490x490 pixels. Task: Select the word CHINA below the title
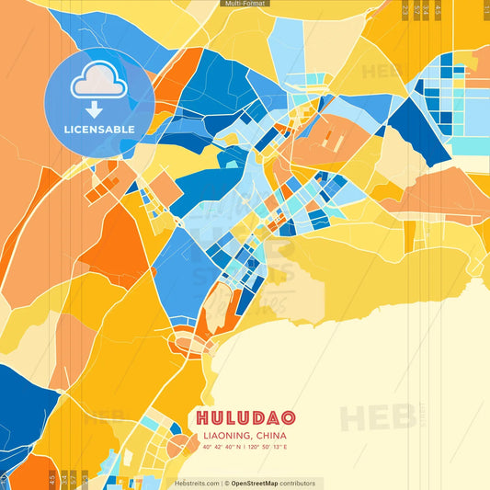coord(268,435)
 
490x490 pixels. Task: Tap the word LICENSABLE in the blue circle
coord(98,130)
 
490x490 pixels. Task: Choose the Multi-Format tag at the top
coord(245,4)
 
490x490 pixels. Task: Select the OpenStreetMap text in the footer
coord(256,483)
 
